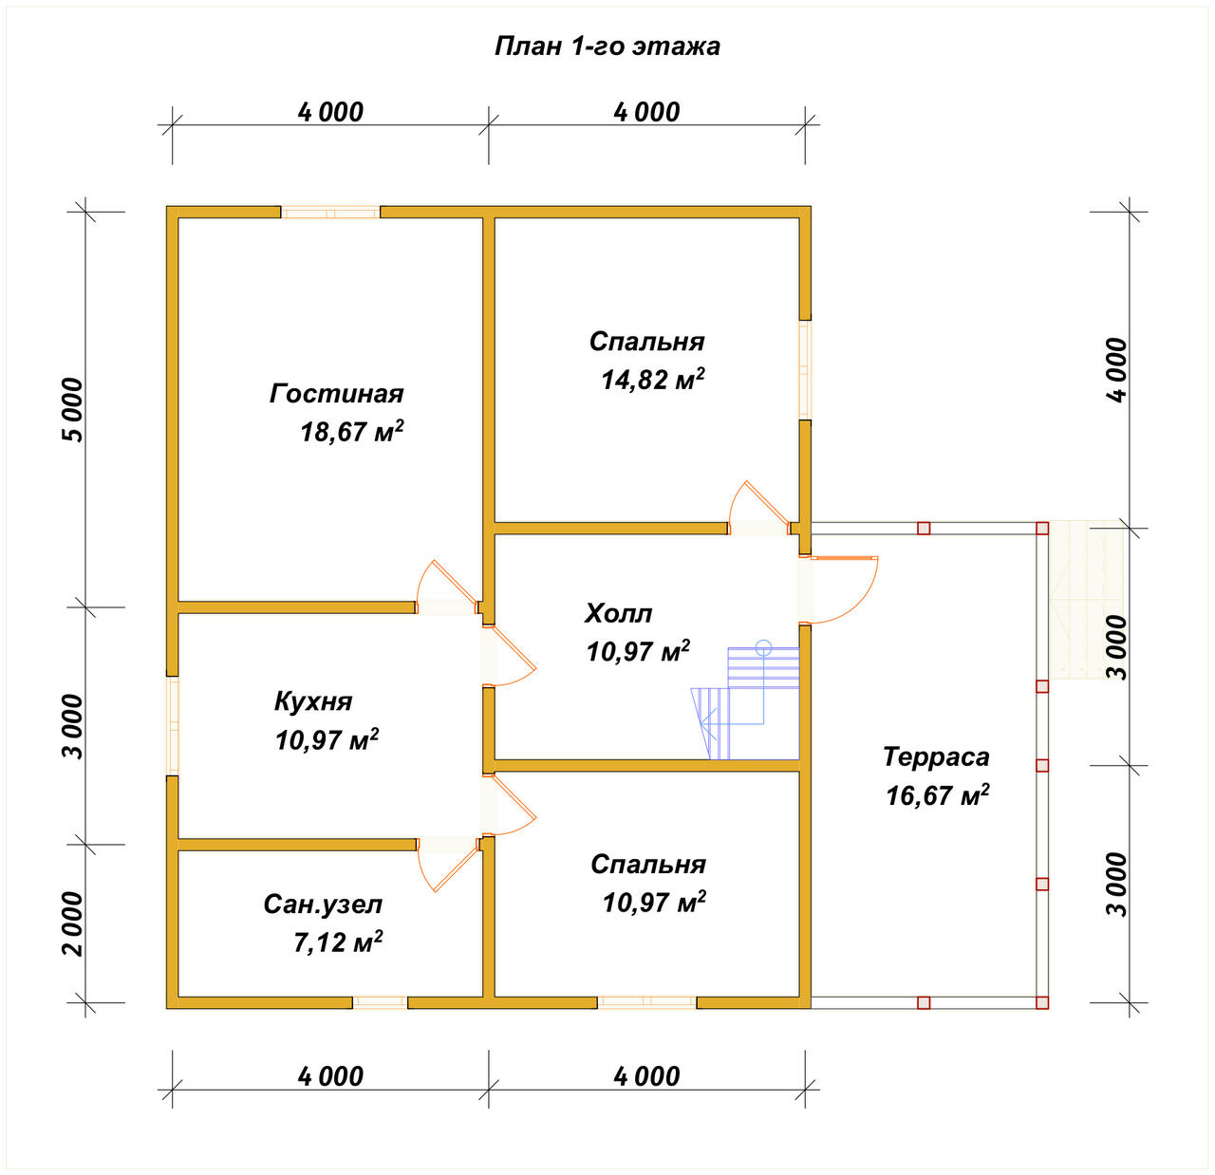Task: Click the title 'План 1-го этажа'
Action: point(607,47)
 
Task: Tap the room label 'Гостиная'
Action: point(337,394)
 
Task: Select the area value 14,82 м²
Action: point(653,379)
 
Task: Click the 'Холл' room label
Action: point(618,614)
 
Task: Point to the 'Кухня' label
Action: point(313,701)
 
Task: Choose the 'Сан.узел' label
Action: point(323,905)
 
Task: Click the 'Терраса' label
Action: point(936,756)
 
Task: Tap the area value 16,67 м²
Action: point(938,795)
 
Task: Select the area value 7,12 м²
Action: point(338,942)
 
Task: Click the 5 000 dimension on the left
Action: point(72,410)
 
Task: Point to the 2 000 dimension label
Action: point(72,923)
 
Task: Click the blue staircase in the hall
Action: point(745,699)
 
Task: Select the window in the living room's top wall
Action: point(330,213)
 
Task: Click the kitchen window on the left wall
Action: point(173,726)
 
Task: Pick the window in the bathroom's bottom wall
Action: point(381,1002)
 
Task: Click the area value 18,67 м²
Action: point(352,432)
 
